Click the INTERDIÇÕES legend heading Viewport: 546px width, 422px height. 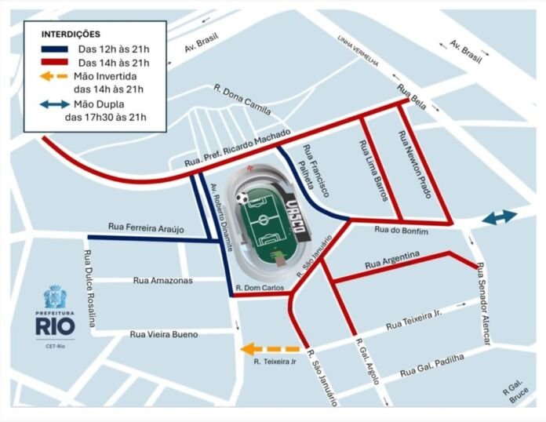[x=70, y=35]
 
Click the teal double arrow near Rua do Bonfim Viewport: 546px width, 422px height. [x=499, y=217]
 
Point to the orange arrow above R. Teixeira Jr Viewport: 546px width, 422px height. [x=270, y=349]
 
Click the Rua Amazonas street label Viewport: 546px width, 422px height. [x=162, y=280]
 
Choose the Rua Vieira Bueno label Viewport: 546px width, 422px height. [x=163, y=334]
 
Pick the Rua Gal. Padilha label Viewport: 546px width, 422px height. [x=431, y=365]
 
